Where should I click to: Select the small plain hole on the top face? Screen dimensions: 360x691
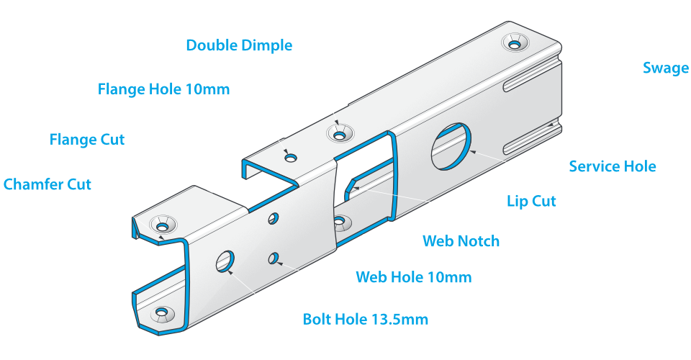290,158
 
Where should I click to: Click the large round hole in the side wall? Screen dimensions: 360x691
451,145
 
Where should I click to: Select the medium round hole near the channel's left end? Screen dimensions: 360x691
225,261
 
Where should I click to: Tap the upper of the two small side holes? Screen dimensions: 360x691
274,217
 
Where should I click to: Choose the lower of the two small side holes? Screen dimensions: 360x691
274,258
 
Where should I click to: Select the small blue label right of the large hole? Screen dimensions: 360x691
612,166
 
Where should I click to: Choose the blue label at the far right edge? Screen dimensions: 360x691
667,71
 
